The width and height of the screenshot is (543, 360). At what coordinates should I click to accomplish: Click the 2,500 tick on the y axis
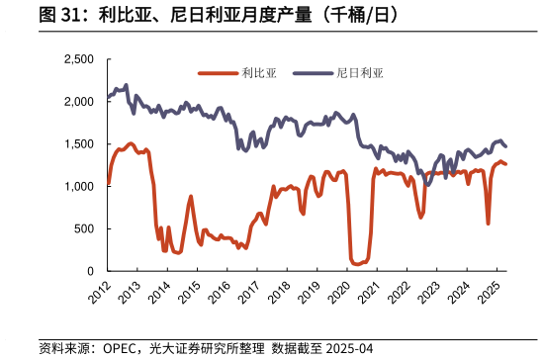coord(78,59)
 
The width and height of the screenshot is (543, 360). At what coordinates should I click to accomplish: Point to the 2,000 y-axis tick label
coord(78,102)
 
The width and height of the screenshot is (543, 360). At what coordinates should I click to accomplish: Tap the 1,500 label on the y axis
coord(78,144)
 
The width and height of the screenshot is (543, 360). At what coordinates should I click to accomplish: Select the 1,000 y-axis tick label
coord(78,187)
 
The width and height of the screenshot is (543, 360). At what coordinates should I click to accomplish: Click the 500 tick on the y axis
coord(84,228)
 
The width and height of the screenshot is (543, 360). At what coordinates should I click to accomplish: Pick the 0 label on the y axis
coord(90,271)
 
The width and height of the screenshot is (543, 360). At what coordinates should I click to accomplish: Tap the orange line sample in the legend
coord(218,72)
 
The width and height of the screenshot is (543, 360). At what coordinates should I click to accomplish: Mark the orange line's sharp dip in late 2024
coord(488,223)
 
